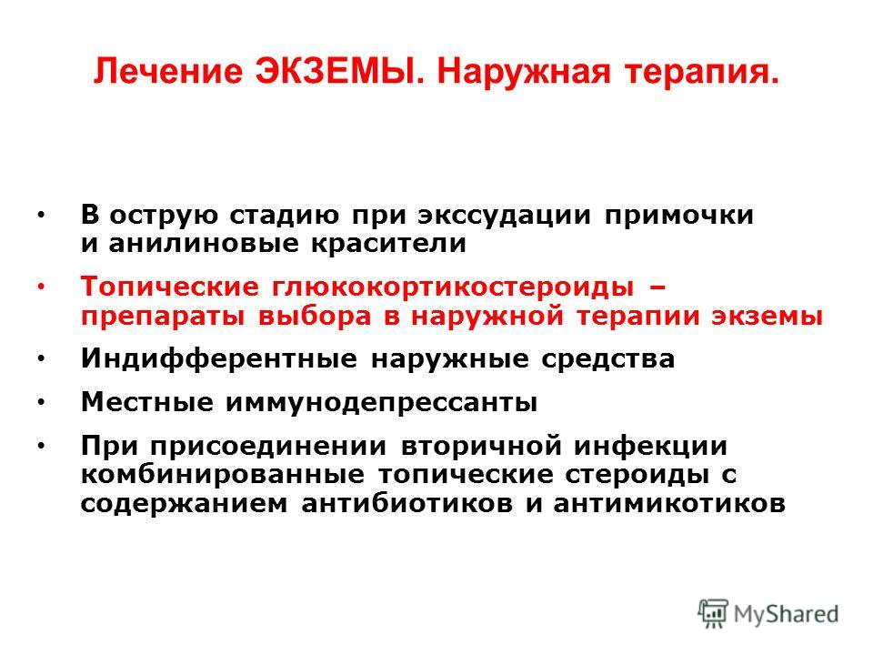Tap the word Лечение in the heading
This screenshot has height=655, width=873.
(x=168, y=71)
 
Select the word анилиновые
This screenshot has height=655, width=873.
(x=204, y=243)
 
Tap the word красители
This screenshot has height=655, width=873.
(x=388, y=243)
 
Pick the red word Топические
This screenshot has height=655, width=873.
(x=170, y=287)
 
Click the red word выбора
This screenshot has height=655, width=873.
(x=315, y=317)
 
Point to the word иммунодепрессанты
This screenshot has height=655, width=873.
(x=381, y=403)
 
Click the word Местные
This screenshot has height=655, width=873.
(x=147, y=401)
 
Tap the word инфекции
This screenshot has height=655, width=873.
(x=651, y=447)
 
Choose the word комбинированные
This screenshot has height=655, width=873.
(x=223, y=476)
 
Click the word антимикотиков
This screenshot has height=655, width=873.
(x=668, y=503)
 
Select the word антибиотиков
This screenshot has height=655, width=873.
(x=407, y=503)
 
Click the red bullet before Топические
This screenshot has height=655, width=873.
(x=41, y=287)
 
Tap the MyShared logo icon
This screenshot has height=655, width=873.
(x=713, y=613)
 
